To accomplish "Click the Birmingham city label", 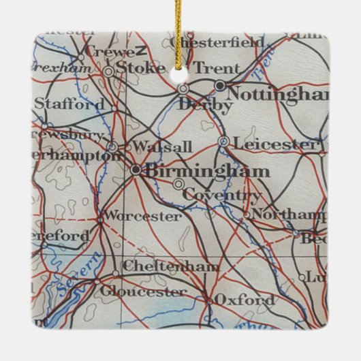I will pos(208,170).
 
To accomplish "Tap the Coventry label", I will pos(223,196).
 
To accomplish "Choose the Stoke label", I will pos(141,67).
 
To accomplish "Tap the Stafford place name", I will pos(69,104).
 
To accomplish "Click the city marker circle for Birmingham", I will pos(136,170).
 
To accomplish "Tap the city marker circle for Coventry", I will pos(178,184).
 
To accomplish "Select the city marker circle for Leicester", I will pos(223,142).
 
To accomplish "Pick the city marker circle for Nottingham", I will pos(220,85).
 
